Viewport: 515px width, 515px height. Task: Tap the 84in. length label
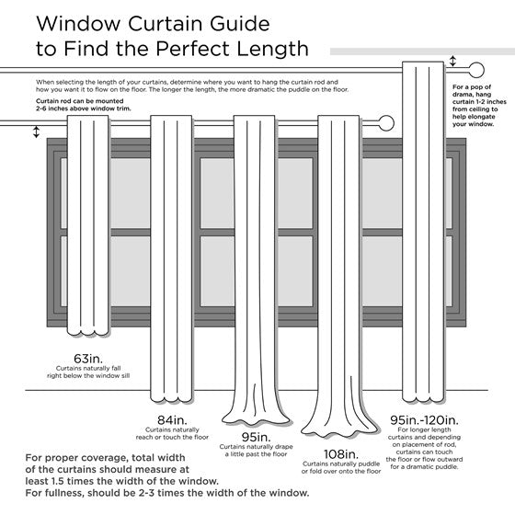pyautogui.click(x=166, y=422)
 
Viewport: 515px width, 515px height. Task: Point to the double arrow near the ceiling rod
pyautogui.click(x=452, y=62)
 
